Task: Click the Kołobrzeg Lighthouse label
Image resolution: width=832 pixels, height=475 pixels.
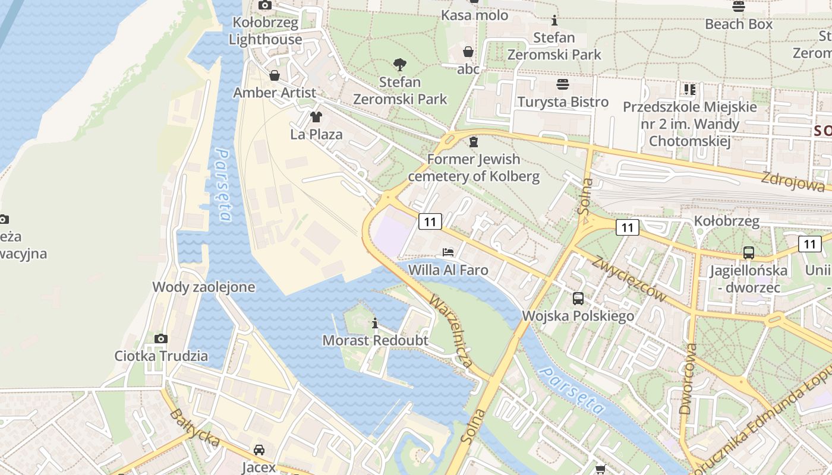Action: coord(266,31)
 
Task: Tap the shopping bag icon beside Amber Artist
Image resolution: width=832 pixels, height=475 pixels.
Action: coord(275,75)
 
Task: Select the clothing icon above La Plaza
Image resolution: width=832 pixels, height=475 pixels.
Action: coord(316,116)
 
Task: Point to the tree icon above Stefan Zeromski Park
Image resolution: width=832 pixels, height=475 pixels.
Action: coord(400,64)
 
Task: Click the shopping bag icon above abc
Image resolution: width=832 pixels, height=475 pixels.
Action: coord(468,52)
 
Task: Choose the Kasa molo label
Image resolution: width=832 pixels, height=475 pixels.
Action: coord(474,15)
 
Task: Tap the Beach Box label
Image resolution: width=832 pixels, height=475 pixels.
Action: coord(739,24)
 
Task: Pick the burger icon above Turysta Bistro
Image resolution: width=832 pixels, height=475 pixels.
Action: coord(563,84)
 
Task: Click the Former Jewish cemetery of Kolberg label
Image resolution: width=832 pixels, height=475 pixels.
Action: coord(474,167)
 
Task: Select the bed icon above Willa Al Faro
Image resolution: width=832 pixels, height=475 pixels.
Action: coord(448,252)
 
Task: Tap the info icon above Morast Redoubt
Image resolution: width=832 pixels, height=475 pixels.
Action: coord(375,324)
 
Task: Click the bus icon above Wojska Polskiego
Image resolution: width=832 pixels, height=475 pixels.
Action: coord(578,298)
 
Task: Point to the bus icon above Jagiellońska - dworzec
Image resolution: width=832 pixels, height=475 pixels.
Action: coord(749,253)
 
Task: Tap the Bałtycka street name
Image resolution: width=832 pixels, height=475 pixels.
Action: coord(194,428)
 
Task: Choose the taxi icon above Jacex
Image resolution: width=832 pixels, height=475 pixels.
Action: coord(259,450)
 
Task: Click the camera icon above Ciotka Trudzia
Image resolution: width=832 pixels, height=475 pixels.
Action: coord(161,338)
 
